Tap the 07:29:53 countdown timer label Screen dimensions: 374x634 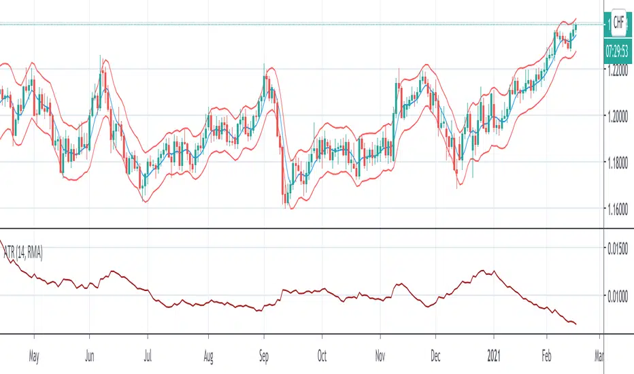click(x=618, y=50)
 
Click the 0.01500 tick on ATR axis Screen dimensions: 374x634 click(x=619, y=248)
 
